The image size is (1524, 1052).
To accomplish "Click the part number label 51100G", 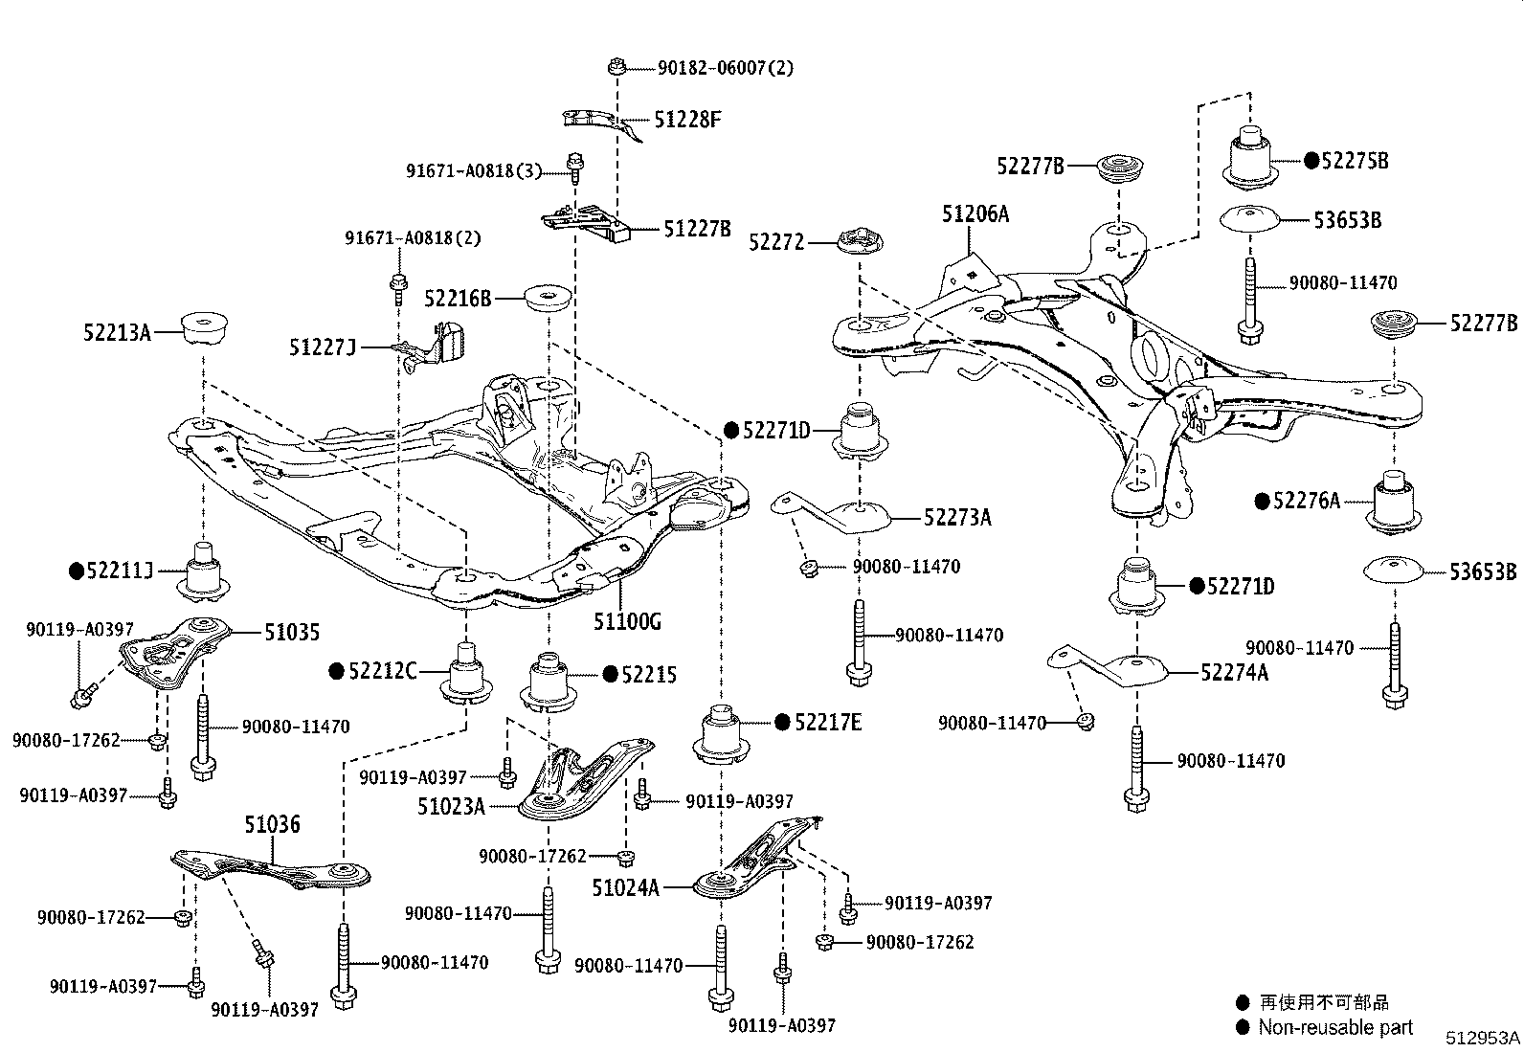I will click(x=627, y=622).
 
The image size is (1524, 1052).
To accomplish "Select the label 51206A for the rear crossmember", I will click(x=975, y=214).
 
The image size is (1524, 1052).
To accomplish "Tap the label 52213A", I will click(x=117, y=332).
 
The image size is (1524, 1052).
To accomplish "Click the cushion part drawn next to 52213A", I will click(x=202, y=329).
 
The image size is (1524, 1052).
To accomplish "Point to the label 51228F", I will click(x=687, y=120).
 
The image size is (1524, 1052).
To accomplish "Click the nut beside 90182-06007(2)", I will click(x=617, y=67).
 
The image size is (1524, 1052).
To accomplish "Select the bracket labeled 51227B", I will click(x=586, y=225).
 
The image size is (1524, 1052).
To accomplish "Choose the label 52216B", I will click(x=458, y=299).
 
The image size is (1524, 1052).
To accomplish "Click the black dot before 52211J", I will click(x=77, y=571).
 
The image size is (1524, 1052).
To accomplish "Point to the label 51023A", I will click(x=451, y=806).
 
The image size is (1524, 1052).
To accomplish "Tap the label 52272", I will click(x=776, y=243).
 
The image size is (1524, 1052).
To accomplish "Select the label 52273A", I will click(x=957, y=518).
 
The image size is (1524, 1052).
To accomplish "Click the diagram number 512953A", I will click(x=1482, y=1038).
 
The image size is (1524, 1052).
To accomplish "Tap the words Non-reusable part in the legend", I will click(x=1334, y=1027).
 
